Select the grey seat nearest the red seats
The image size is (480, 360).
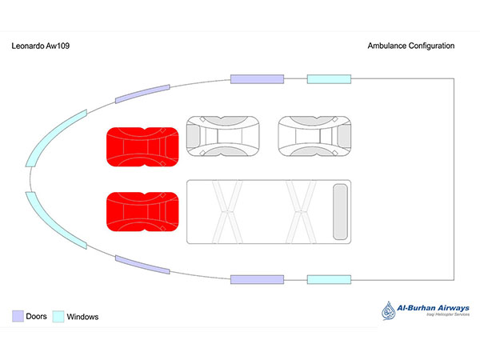pos(224,137)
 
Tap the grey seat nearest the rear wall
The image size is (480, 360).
pos(314,137)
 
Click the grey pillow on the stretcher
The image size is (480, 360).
pos(340,211)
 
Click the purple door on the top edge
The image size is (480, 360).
pos(258,78)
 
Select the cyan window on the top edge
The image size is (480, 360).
pos(329,78)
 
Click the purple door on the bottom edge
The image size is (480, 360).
pos(258,279)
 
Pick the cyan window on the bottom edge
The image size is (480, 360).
pos(329,279)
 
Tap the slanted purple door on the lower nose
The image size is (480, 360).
pos(142,265)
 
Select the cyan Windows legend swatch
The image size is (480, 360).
pos(58,316)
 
